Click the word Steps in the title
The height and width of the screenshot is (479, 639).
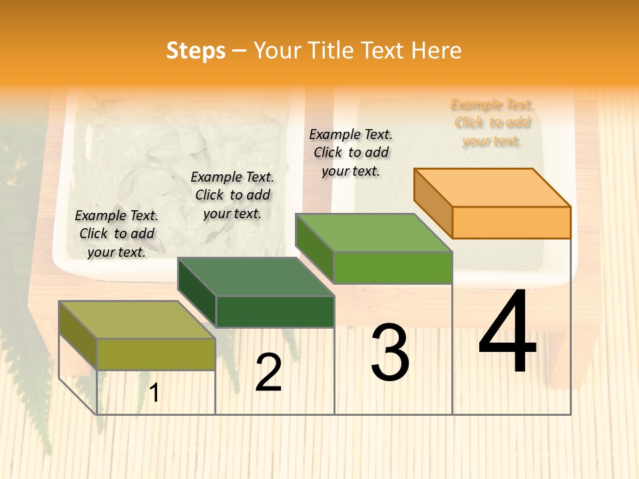coord(196,51)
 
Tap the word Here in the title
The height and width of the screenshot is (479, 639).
coord(436,51)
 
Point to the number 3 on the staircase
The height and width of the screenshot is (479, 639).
coord(390,353)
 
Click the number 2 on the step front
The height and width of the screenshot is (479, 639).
coord(268,373)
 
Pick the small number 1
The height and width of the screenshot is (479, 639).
coord(154,393)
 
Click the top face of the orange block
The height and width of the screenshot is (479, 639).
coord(493,187)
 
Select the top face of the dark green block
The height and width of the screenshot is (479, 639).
coord(256,277)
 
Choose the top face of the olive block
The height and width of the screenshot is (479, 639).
coord(137,320)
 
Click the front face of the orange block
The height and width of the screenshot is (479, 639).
coord(511,222)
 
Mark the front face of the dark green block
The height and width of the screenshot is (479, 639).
coord(275,311)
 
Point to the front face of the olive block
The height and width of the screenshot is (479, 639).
coord(156,354)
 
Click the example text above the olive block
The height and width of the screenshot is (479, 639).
coord(116,234)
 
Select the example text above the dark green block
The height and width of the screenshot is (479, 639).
coord(232,195)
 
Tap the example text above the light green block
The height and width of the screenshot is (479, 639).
coord(351,152)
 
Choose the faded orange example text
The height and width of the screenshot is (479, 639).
coord(492,123)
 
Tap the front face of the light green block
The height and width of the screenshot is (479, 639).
coord(393,267)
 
